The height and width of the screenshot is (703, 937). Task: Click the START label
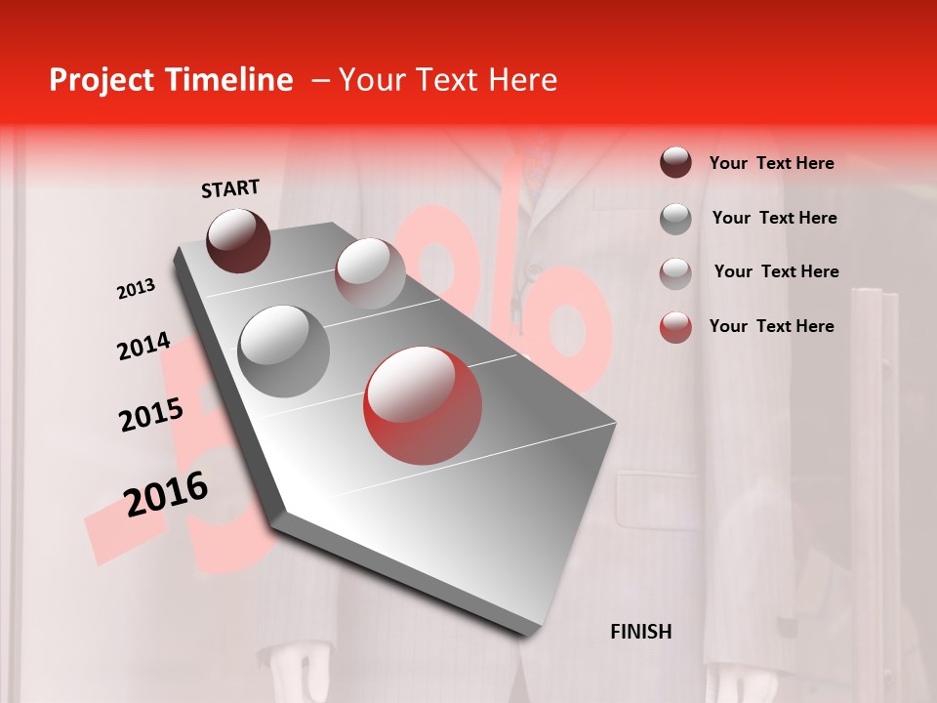pyautogui.click(x=230, y=188)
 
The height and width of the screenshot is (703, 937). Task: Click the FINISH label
pyautogui.click(x=640, y=632)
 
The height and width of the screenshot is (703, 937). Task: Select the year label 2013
pyautogui.click(x=136, y=288)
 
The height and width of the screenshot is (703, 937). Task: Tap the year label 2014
pyautogui.click(x=143, y=346)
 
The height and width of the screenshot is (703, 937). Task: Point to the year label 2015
pyautogui.click(x=150, y=415)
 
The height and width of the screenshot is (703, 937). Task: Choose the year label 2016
pyautogui.click(x=166, y=493)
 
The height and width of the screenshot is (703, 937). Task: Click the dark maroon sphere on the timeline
pyautogui.click(x=239, y=240)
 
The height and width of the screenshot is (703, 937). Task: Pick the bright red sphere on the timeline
pyautogui.click(x=423, y=405)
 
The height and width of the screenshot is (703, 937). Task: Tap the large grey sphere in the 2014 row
pyautogui.click(x=284, y=351)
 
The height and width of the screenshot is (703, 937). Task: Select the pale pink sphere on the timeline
pyautogui.click(x=370, y=273)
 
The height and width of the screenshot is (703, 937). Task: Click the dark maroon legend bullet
pyautogui.click(x=675, y=163)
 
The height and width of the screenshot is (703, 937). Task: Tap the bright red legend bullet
pyautogui.click(x=675, y=327)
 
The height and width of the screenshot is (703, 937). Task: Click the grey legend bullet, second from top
pyautogui.click(x=675, y=219)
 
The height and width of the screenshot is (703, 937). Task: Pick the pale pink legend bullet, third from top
pyautogui.click(x=675, y=272)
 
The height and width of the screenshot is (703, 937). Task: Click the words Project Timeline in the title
pyautogui.click(x=171, y=80)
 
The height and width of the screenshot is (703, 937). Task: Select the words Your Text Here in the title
pyautogui.click(x=447, y=80)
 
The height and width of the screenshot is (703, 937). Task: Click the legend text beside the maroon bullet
pyautogui.click(x=771, y=163)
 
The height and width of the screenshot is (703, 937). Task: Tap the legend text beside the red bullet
pyautogui.click(x=771, y=326)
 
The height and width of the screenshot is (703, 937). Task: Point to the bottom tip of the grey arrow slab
pyautogui.click(x=528, y=633)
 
